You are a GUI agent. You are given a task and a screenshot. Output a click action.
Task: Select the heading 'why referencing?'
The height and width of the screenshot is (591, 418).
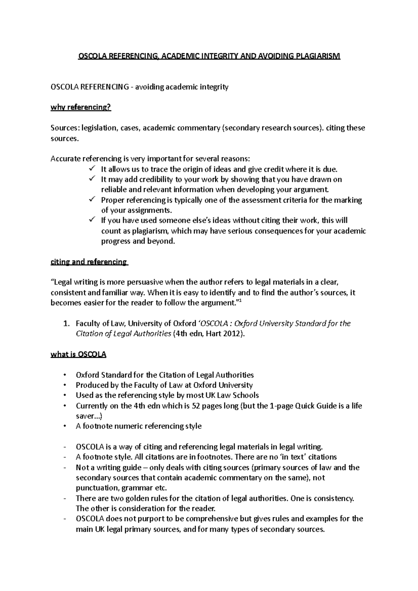point(81,107)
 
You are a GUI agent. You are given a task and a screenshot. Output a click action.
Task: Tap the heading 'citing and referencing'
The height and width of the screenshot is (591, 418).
point(89,262)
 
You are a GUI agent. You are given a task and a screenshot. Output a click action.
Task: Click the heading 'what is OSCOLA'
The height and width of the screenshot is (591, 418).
point(78,355)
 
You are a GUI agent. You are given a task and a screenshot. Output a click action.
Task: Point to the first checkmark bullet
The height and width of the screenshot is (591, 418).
point(92,169)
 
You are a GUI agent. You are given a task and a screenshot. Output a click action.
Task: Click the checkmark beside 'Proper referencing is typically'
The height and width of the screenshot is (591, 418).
point(92,200)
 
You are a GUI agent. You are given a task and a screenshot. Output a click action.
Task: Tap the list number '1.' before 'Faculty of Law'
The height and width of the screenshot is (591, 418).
point(67,324)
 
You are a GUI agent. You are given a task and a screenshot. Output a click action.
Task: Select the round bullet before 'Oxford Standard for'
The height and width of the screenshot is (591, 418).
point(65,375)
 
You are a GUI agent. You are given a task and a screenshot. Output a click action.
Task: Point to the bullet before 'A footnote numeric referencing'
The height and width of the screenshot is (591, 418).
point(65,426)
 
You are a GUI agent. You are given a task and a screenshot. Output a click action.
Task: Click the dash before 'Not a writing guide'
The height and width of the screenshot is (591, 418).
point(65,468)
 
